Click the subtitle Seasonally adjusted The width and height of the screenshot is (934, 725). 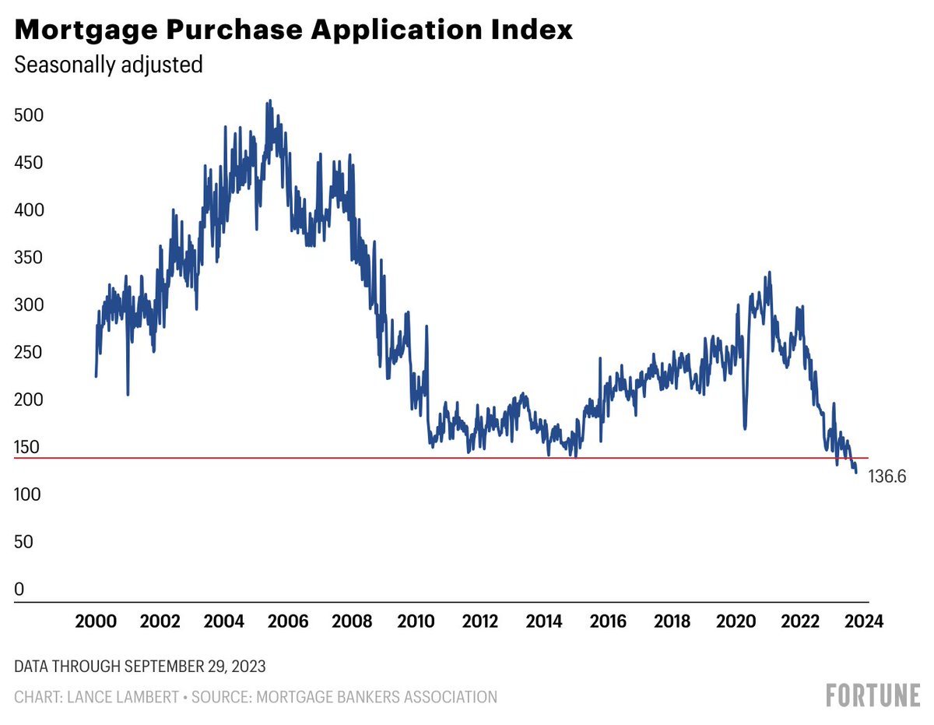(x=109, y=65)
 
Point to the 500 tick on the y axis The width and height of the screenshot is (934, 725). (x=30, y=115)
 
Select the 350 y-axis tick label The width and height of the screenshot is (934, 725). (x=30, y=258)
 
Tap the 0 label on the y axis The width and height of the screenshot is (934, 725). (x=19, y=590)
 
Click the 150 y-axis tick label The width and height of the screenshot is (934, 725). (x=30, y=447)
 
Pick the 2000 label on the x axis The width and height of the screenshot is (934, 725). (x=96, y=621)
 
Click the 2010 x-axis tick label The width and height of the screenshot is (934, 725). (x=416, y=621)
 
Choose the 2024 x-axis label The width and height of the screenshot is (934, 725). (x=864, y=621)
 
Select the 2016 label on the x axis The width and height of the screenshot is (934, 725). (x=608, y=621)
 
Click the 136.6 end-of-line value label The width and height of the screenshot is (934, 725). (x=887, y=477)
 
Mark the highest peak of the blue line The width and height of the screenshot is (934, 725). (x=269, y=101)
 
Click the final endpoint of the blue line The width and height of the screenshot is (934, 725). (x=856, y=472)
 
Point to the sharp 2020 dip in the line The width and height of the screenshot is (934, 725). (x=745, y=428)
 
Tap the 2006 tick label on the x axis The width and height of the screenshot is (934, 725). (x=288, y=621)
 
